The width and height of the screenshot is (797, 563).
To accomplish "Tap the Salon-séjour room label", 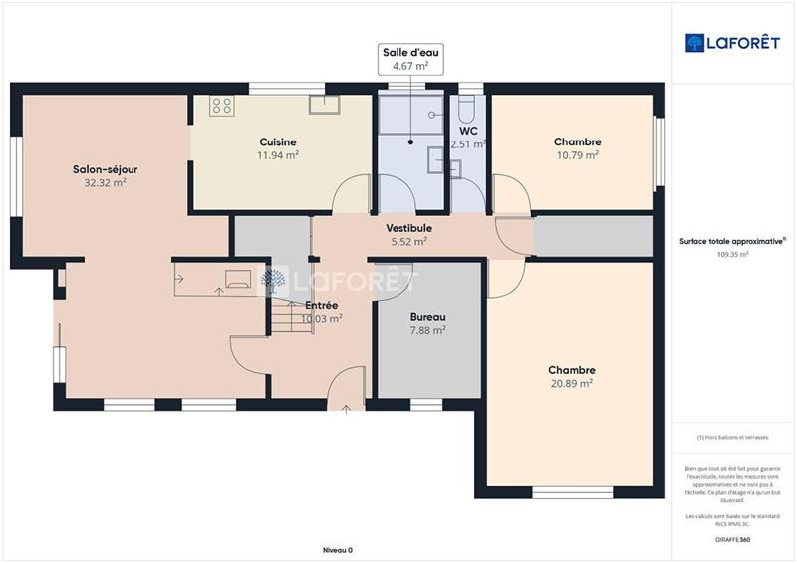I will [x=105, y=169].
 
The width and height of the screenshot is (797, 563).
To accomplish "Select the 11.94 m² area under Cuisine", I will [x=278, y=155].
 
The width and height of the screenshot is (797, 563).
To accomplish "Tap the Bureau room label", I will [x=427, y=317].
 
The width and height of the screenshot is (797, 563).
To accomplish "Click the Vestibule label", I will [x=408, y=228].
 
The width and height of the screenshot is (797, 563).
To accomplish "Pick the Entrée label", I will [x=321, y=305].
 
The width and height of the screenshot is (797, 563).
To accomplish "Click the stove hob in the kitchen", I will [x=221, y=105].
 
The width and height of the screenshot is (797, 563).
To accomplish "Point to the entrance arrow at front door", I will [x=346, y=408].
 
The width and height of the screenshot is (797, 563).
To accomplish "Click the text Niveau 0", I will [x=338, y=550].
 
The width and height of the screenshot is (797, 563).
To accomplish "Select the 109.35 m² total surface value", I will [x=733, y=254].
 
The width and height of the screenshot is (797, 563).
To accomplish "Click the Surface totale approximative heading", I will [x=732, y=241].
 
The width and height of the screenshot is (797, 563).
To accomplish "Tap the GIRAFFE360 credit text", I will [x=732, y=540].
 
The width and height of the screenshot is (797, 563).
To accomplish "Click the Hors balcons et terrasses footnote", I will [x=732, y=437].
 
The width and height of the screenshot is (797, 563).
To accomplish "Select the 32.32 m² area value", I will [x=105, y=183].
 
